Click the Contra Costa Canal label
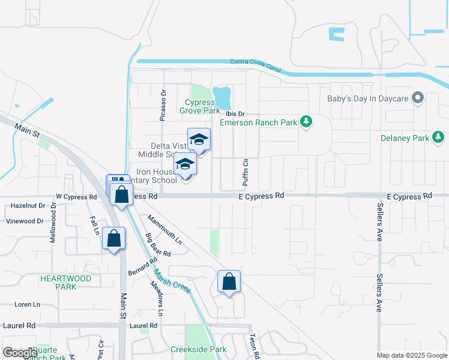click(x=256, y=65)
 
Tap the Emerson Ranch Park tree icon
click(x=307, y=122)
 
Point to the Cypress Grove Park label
click(x=200, y=106)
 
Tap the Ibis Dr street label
click(x=235, y=113)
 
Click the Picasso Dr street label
click(x=163, y=106)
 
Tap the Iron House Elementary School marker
click(x=185, y=166)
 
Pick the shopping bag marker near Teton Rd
click(x=229, y=282)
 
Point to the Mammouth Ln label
click(x=164, y=230)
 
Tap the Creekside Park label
click(x=198, y=349)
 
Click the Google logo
click(x=20, y=353)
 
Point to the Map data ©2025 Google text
click(x=412, y=355)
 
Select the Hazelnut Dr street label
click(x=28, y=205)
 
